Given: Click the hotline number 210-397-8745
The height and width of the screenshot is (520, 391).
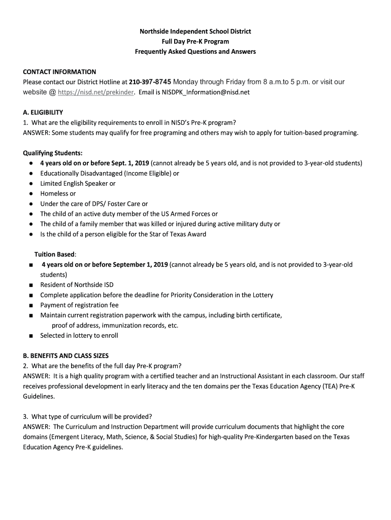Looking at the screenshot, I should [x=151, y=82].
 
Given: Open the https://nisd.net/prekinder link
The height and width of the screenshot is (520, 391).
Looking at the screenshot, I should [x=96, y=93].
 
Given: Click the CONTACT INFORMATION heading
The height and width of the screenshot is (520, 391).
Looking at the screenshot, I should [x=59, y=72].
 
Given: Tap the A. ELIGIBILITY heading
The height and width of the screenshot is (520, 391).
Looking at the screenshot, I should [x=43, y=113].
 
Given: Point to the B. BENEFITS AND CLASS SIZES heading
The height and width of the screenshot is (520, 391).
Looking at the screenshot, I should [x=66, y=356].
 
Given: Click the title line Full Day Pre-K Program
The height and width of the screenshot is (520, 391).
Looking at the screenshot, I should [x=195, y=42].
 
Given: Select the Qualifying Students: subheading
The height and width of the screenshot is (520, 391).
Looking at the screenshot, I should [x=53, y=153].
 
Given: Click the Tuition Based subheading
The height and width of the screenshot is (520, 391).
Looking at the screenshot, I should [x=55, y=254].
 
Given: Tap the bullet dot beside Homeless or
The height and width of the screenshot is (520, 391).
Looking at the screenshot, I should [x=31, y=194].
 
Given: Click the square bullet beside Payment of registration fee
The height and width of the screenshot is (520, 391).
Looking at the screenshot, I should [x=31, y=306].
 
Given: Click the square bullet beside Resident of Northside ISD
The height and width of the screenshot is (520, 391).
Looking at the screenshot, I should [x=31, y=285].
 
